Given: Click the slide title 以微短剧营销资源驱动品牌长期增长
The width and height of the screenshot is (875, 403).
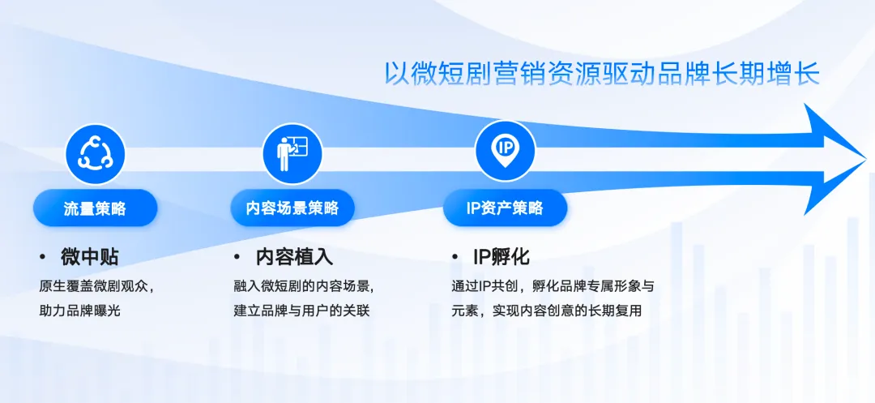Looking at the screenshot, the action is pos(602,74).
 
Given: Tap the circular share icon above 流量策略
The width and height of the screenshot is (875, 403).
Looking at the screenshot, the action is pos(95,153).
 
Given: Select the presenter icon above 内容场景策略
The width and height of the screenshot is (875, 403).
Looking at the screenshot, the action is pos(292,153).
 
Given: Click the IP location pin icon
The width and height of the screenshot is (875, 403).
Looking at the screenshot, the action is pos(505,151).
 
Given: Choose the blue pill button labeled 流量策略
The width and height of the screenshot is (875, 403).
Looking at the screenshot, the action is pos(95,208).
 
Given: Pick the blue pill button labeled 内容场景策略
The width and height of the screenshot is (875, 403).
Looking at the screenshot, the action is pos(292,208).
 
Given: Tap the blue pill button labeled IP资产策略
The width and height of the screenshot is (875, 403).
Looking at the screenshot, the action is pos(505,208).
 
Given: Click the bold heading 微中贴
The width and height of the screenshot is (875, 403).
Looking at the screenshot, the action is pos(89,257).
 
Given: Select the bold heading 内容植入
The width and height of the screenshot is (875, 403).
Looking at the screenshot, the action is pos(294,257).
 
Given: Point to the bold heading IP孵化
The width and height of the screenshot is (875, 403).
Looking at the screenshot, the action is pos(502,257).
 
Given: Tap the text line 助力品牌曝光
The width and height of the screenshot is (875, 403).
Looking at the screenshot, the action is pos(79,311).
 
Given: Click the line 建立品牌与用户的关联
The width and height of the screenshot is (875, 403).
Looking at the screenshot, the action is pos(301,311).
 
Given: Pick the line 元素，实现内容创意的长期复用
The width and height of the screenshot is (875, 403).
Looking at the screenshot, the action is pos(547,311).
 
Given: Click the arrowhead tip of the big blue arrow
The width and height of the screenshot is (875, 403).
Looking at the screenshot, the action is pos(865,159).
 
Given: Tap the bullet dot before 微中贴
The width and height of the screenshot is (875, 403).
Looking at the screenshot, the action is pos(42,257).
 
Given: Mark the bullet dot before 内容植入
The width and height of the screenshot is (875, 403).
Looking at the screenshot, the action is pos(237,257).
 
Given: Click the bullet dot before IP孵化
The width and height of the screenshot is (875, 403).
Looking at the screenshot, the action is pos(455,257).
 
